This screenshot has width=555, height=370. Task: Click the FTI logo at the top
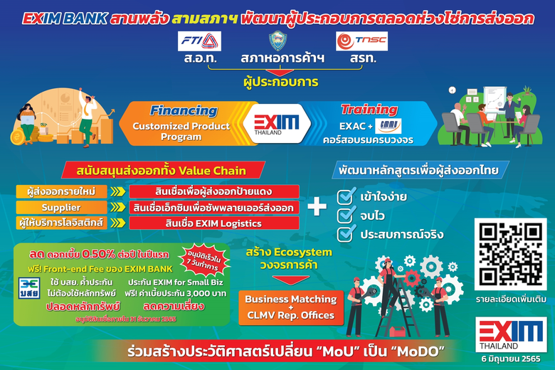click(x=201, y=41)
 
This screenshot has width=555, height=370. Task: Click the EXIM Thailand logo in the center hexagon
click(x=277, y=123)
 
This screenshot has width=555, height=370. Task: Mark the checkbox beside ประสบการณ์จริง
click(x=346, y=233)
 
